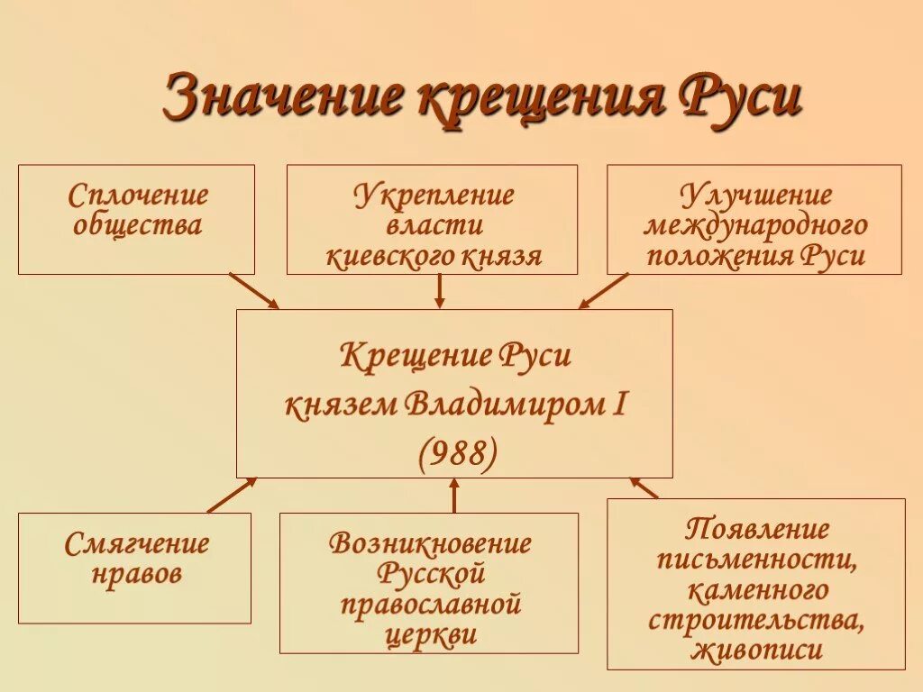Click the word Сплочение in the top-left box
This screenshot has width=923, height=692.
pos(137,195)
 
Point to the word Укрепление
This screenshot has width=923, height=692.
pos(433,195)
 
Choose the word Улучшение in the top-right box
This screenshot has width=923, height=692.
pos(755,195)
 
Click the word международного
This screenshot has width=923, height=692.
pos(755,225)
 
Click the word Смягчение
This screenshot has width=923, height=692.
pos(137,544)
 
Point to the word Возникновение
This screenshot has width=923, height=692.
pos(430,544)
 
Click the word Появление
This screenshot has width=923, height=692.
pos(756,530)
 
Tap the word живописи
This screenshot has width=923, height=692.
pos(757,650)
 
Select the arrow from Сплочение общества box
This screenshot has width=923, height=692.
pos(253,290)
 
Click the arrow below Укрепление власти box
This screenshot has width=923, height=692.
pos(440,291)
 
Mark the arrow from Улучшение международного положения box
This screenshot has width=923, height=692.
pos(603,291)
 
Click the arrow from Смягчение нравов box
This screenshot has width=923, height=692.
pos(232,495)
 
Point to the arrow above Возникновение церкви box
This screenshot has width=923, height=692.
pos(453,495)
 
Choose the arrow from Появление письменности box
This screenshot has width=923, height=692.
pos(644,487)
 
